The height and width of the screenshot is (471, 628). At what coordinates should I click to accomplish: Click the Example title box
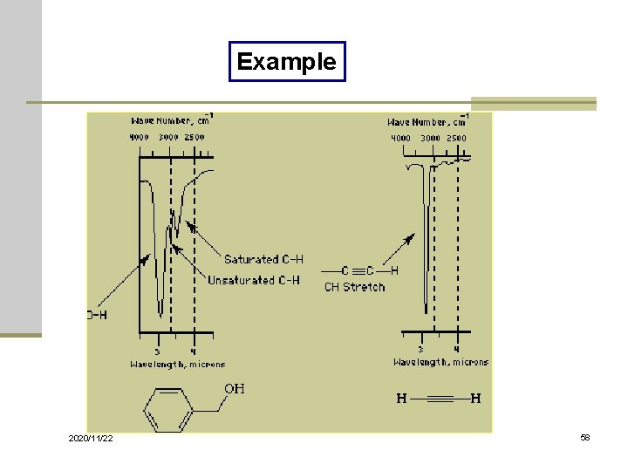[287, 62]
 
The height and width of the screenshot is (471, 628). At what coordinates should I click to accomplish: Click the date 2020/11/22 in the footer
[91, 437]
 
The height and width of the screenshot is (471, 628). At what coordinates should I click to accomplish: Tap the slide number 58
[584, 436]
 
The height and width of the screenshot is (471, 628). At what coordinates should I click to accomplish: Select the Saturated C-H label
[263, 259]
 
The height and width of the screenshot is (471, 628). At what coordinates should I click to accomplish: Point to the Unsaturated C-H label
[253, 280]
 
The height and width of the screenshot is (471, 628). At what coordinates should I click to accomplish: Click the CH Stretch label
[354, 286]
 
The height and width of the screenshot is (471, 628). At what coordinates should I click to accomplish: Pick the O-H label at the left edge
[97, 315]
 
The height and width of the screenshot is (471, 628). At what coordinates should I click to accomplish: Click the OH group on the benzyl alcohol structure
[235, 388]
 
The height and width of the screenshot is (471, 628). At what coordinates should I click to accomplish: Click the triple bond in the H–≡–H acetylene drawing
[440, 399]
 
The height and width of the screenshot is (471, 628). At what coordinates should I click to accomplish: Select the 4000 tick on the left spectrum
[140, 137]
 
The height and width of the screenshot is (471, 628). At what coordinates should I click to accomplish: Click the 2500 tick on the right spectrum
[456, 138]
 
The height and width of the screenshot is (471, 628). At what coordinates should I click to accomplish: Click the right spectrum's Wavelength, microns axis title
[440, 362]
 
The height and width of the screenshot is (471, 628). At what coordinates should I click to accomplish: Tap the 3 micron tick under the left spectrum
[157, 351]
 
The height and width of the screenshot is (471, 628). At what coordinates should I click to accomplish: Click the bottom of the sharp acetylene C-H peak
[426, 310]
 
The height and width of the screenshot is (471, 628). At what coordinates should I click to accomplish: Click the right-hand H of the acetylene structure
[475, 399]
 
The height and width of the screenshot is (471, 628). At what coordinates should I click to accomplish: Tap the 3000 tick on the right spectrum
[430, 138]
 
